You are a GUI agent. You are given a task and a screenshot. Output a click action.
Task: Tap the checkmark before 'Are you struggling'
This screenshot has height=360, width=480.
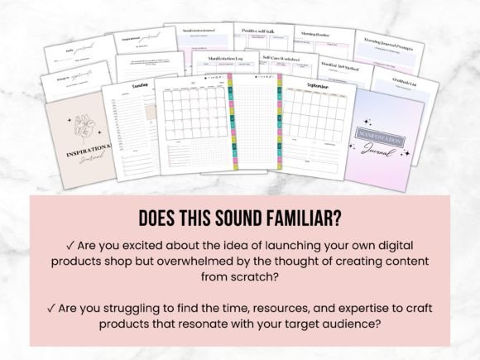click(x=51, y=308)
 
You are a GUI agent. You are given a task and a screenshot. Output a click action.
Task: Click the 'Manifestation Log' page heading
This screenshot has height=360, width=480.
click(x=223, y=59)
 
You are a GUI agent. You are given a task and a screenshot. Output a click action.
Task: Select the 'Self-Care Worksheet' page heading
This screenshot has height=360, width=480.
click(x=281, y=58)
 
